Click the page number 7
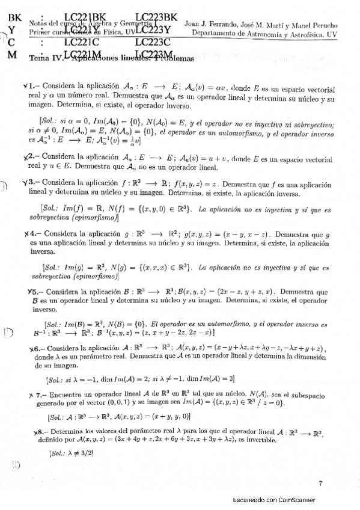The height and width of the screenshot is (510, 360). tap(320, 482)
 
